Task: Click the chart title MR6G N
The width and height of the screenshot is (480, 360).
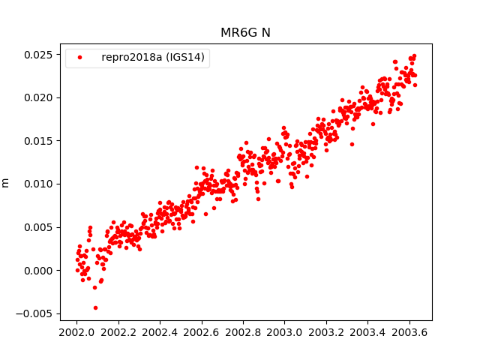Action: pyautogui.click(x=245, y=33)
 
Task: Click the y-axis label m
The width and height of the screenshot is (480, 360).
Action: pyautogui.click(x=6, y=182)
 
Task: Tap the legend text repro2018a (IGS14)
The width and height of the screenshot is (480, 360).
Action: pyautogui.click(x=154, y=58)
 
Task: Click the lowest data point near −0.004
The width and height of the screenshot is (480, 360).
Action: pyautogui.click(x=95, y=307)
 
